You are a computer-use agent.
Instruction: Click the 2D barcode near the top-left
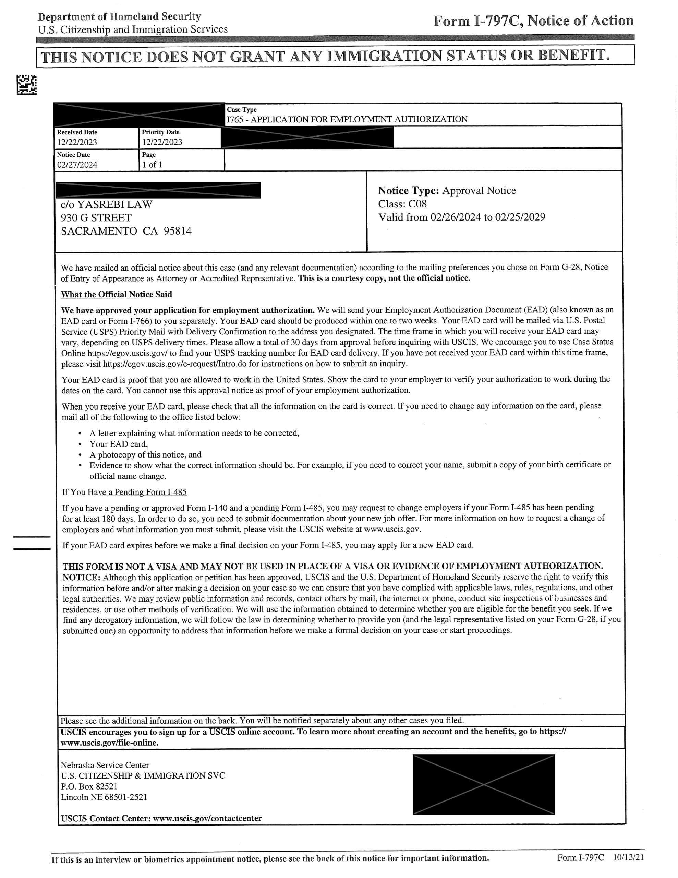pos(26,85)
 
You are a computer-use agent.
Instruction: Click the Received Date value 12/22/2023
pos(77,142)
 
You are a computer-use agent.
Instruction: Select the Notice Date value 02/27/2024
pos(77,165)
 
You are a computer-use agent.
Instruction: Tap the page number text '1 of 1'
pos(152,165)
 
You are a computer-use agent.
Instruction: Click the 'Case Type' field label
pos(242,110)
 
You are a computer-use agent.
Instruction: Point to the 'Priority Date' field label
pos(160,132)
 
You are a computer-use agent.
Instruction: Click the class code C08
pos(417,204)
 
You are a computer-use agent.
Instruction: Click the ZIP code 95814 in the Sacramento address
pos(177,231)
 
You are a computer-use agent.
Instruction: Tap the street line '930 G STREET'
pos(96,218)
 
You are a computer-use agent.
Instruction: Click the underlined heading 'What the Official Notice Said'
pos(117,295)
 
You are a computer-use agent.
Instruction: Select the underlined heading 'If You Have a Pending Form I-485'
pos(124,492)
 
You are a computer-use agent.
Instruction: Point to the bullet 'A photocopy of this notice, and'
pos(145,455)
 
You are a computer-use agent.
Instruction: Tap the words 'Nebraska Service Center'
pos(105,765)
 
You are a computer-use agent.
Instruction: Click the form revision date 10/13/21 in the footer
pos(629,857)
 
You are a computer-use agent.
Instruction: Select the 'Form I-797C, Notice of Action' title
pos(533,21)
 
